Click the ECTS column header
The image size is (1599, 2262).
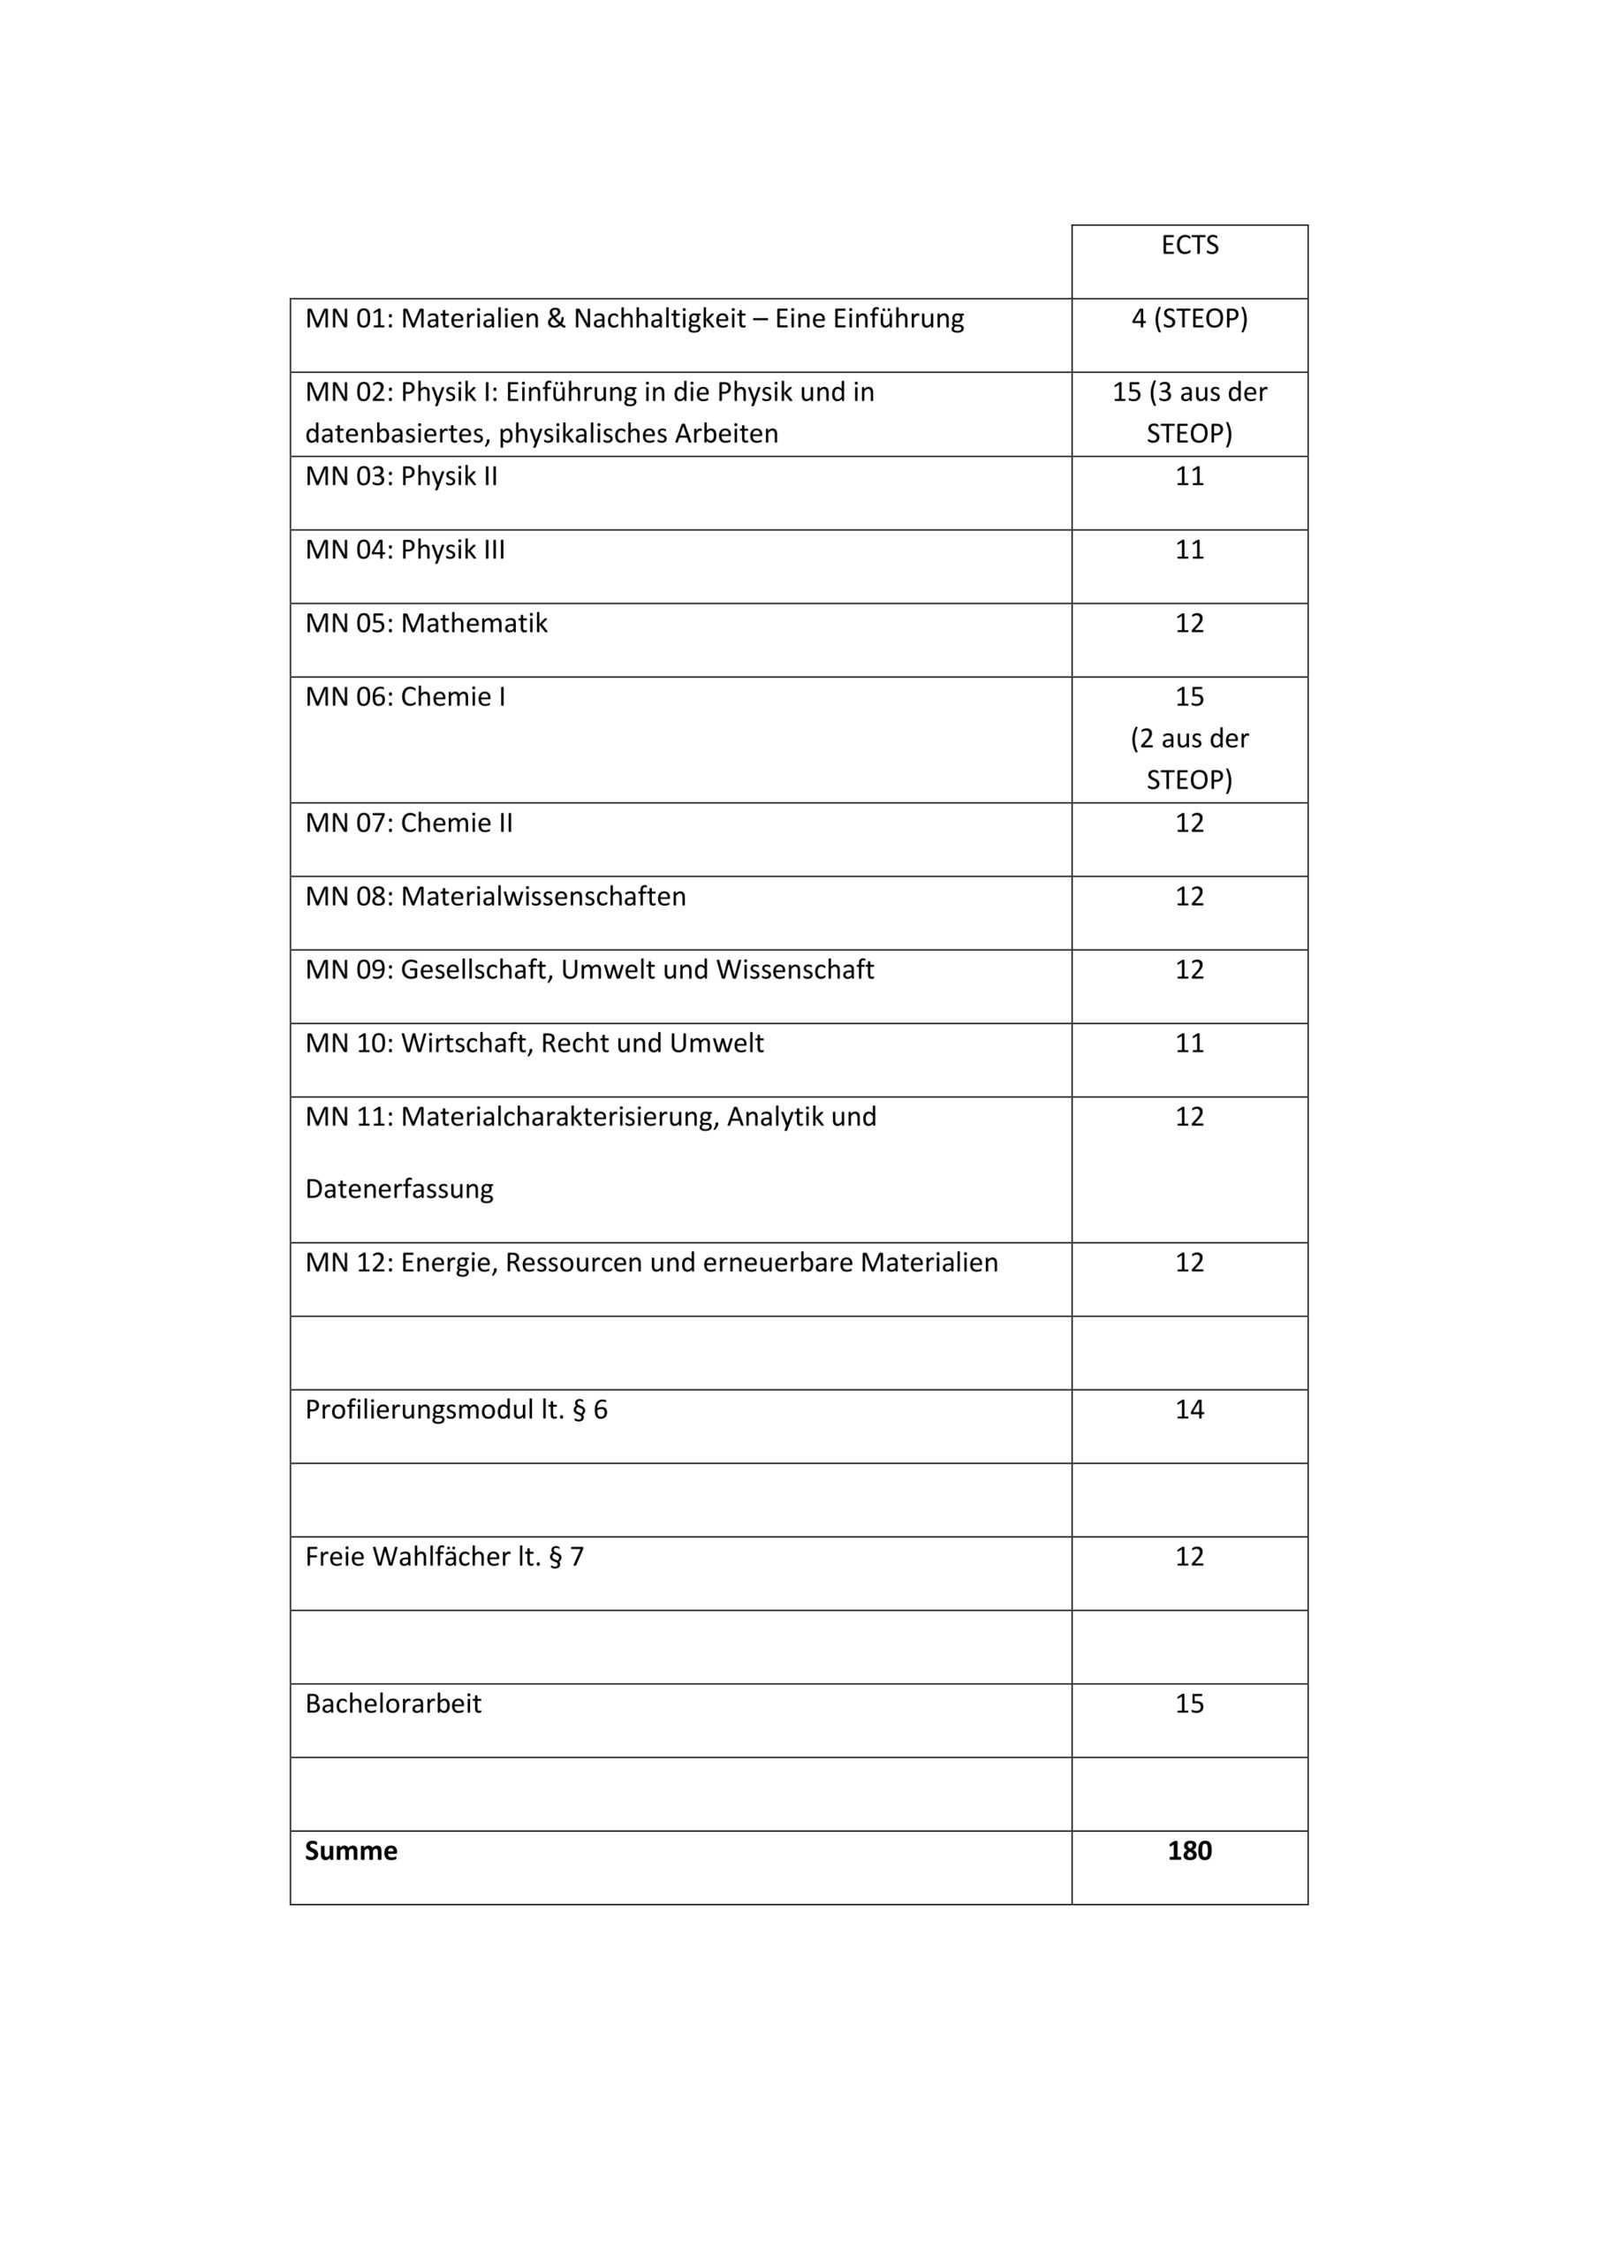(1189, 246)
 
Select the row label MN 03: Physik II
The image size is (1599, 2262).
(401, 477)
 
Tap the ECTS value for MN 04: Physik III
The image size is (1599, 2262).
(1189, 550)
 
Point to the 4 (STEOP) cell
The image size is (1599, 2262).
(1189, 319)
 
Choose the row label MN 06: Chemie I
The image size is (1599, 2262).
(405, 697)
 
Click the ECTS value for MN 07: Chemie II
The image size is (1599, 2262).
(1189, 823)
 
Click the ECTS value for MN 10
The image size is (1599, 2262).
(1189, 1044)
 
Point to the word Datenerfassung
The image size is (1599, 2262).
(399, 1189)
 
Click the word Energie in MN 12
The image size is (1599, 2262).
(448, 1263)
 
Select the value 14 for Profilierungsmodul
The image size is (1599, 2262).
(1189, 1410)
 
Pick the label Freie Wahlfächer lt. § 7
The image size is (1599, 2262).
(444, 1557)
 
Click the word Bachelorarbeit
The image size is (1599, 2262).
(393, 1704)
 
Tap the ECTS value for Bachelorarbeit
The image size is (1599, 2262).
(1189, 1704)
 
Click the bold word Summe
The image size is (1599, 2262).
(351, 1851)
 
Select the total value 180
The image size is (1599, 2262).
(1189, 1851)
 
